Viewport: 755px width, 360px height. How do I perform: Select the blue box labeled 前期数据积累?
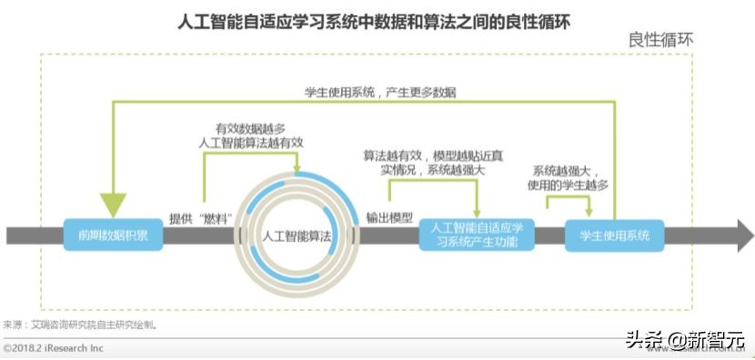click(114, 235)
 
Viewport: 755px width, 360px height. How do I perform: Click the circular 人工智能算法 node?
click(297, 235)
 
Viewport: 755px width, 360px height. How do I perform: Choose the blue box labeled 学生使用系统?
click(614, 235)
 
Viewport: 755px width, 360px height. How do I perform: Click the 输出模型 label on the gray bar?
click(389, 218)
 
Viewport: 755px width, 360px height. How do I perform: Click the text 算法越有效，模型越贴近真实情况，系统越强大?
click(433, 163)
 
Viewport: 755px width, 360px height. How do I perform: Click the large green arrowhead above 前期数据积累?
click(114, 205)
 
